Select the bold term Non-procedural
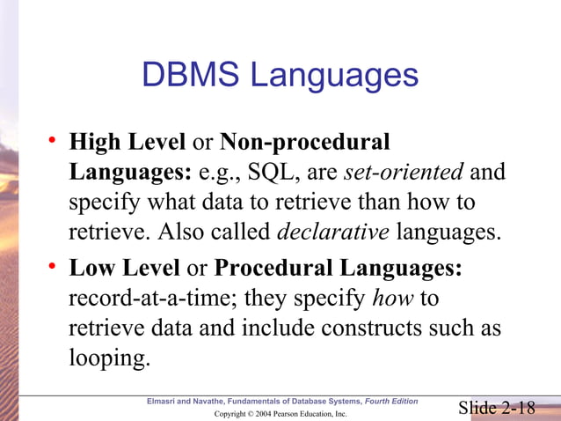303,142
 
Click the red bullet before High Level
54,141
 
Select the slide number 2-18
515,407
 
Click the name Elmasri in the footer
167,402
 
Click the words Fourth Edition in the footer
392,402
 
